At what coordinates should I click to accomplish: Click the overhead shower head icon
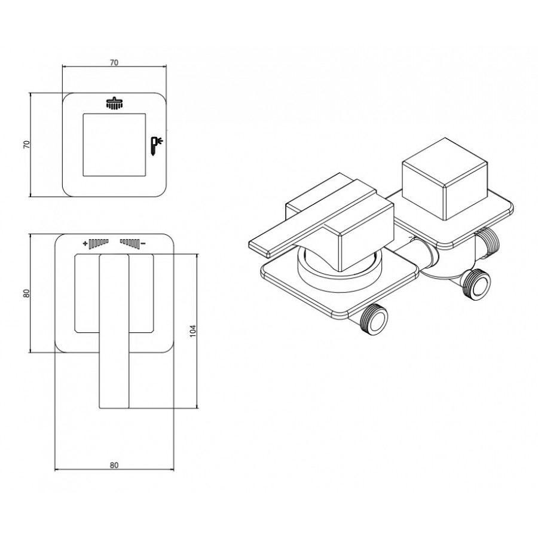(x=114, y=104)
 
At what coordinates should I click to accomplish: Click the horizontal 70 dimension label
(x=114, y=62)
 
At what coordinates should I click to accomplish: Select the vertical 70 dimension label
(x=27, y=144)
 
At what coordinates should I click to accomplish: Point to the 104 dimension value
(x=193, y=331)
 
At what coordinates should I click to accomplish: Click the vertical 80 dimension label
(x=27, y=294)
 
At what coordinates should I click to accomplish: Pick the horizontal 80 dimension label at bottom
(x=114, y=465)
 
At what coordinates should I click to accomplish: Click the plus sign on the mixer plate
(x=85, y=244)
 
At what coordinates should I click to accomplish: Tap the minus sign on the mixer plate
(x=143, y=244)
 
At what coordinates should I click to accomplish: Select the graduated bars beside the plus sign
(x=99, y=243)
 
